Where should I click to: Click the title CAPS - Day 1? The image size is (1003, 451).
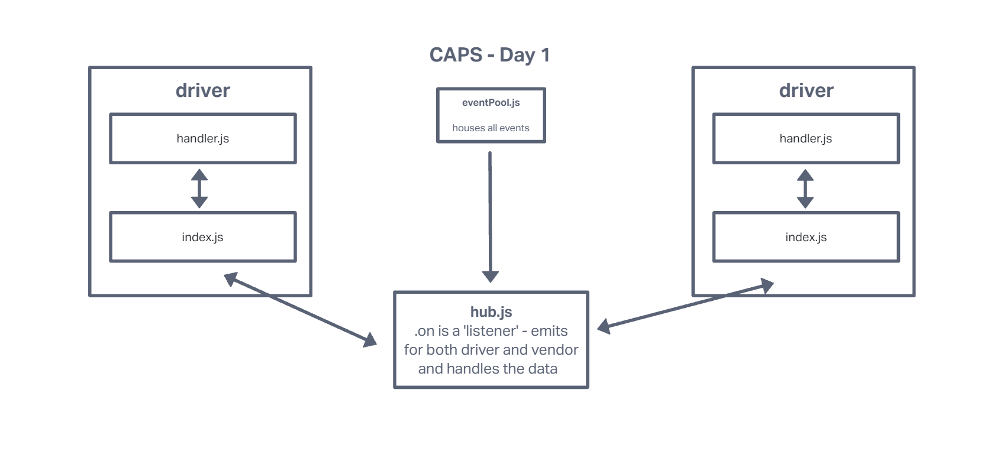click(489, 55)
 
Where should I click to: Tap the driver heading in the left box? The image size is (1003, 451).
click(202, 90)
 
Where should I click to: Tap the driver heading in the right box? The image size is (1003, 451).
click(806, 90)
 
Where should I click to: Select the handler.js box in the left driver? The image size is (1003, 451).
click(202, 138)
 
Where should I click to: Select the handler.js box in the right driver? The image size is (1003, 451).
click(805, 138)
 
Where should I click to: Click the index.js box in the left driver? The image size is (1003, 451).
click(202, 237)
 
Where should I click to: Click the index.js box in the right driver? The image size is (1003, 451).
click(805, 237)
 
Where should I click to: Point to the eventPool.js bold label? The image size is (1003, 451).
click(491, 102)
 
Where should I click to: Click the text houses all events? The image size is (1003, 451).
click(491, 128)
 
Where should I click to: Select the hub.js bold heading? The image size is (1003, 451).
click(491, 312)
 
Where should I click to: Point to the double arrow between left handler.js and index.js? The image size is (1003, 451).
click(199, 189)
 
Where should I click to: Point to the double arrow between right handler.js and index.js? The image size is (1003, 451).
click(805, 189)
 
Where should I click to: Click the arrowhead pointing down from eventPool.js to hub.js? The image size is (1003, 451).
click(491, 276)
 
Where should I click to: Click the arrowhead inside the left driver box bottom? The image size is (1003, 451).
click(230, 278)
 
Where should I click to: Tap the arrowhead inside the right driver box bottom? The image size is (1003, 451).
click(767, 286)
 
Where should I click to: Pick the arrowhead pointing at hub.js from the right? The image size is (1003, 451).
click(604, 326)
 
